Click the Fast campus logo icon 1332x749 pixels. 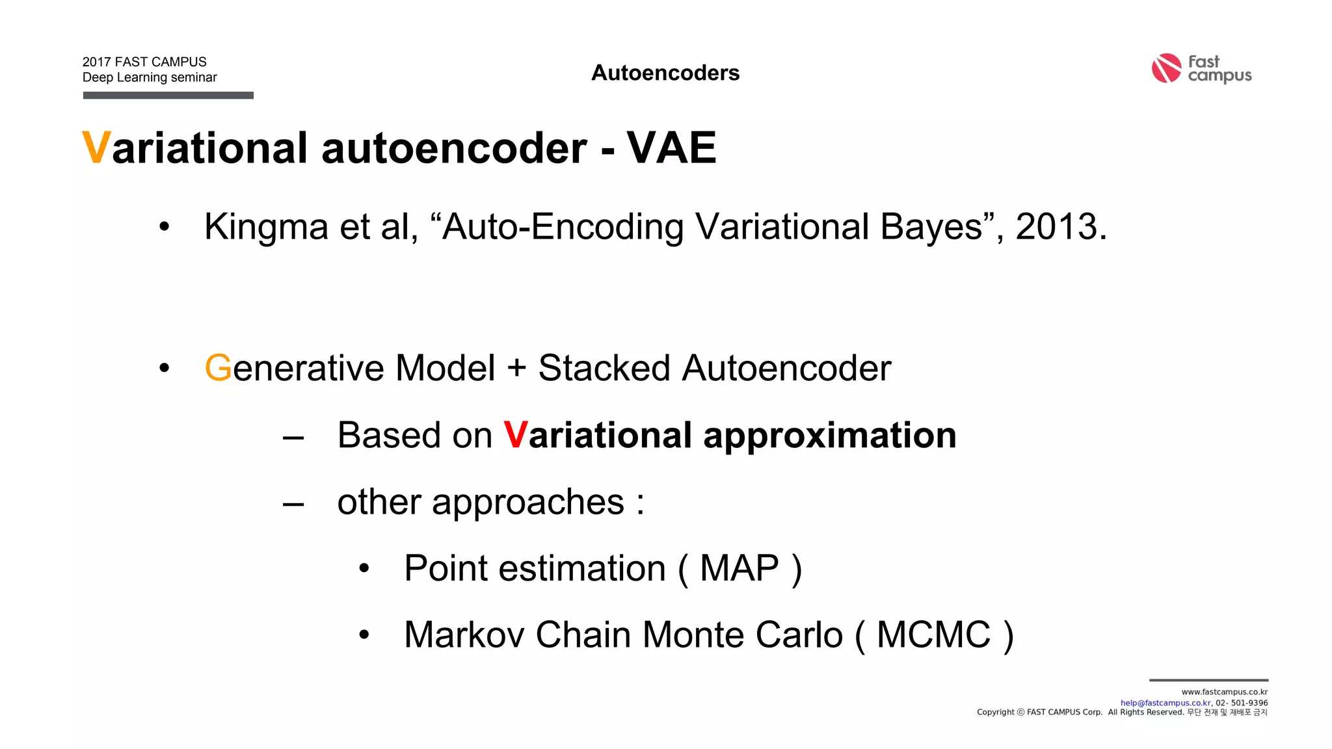1166,68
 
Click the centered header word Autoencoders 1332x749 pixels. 665,73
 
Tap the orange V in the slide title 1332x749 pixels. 96,148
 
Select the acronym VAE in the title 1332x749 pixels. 671,148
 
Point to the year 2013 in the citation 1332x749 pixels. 1056,227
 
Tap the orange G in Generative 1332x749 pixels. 218,368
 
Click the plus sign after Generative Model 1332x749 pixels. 516,368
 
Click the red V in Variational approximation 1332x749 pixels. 515,435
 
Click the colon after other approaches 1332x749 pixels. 641,503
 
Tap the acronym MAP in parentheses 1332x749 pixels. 739,568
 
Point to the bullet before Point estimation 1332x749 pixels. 364,569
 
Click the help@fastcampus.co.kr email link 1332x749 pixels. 1165,703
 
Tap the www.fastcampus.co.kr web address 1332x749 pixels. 1224,692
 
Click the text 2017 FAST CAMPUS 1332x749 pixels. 144,62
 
